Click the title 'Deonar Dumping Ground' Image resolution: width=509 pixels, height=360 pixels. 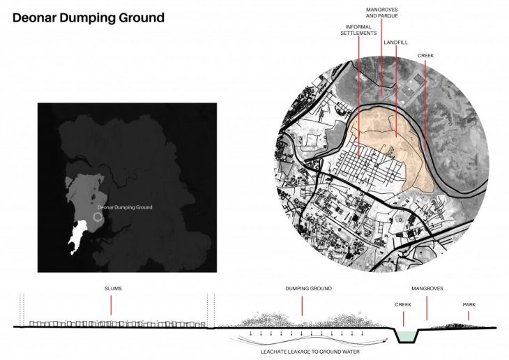[x=89, y=18]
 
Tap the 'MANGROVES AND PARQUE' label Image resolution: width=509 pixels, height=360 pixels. [x=382, y=13]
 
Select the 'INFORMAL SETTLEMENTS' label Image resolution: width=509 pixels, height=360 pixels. [x=358, y=30]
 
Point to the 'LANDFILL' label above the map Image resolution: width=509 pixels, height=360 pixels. [x=396, y=43]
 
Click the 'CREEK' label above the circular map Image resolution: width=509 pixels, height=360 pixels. [x=425, y=56]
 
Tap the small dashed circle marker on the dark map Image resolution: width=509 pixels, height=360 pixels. [x=98, y=217]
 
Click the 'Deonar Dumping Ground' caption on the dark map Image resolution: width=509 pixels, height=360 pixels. [x=125, y=207]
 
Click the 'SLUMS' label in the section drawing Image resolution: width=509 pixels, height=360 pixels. [x=113, y=289]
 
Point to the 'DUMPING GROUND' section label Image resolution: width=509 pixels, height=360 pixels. [x=308, y=289]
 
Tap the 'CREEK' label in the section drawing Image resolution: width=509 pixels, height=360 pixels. [x=403, y=305]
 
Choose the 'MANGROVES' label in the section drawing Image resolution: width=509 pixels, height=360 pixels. [x=427, y=289]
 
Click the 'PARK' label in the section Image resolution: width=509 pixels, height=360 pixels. [x=469, y=305]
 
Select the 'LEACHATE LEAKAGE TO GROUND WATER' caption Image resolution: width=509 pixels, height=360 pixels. [x=310, y=352]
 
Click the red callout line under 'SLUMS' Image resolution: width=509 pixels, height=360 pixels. [x=111, y=305]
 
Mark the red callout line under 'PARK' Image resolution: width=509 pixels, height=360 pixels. [x=469, y=316]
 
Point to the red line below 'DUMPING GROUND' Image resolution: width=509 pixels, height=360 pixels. [x=302, y=306]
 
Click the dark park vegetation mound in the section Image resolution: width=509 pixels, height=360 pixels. [x=456, y=326]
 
